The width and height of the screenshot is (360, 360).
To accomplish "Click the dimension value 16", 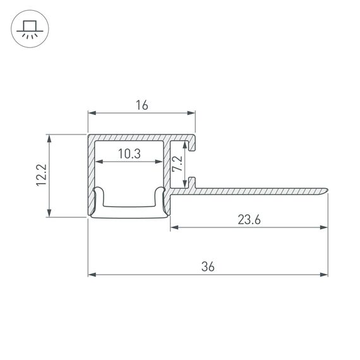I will point(141,105).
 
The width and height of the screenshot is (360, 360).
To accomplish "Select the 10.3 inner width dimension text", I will point(129,153).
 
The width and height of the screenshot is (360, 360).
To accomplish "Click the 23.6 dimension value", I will point(249,219).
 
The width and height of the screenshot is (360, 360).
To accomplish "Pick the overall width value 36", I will point(208,267).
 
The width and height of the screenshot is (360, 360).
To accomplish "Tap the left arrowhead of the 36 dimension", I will point(92,275).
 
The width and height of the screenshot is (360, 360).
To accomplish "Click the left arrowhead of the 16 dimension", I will point(92,114).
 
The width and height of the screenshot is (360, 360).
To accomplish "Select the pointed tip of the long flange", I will point(328,188).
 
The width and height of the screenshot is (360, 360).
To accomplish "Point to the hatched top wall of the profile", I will point(139,138).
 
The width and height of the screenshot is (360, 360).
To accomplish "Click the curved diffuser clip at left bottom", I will point(97,201).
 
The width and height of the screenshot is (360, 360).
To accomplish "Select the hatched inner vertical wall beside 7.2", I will point(167,167).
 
